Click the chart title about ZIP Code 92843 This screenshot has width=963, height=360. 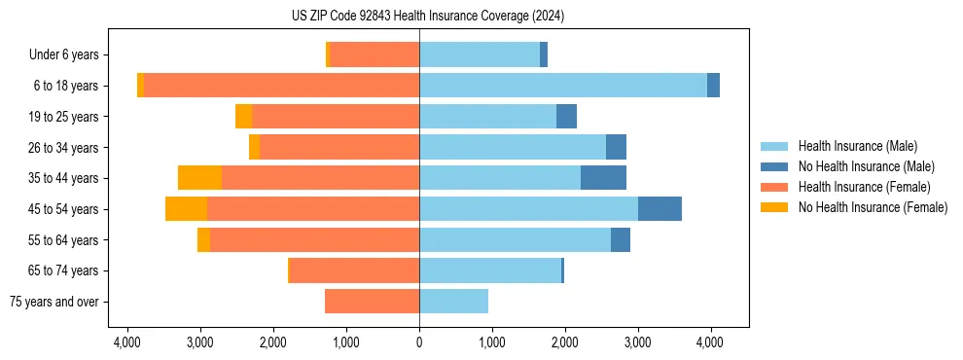click(427, 16)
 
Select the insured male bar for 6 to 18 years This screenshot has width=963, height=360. click(563, 86)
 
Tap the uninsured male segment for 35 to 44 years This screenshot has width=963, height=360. click(603, 178)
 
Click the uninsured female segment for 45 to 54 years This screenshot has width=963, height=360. click(186, 209)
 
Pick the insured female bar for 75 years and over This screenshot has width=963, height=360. click(372, 302)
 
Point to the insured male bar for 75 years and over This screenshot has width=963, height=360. click(453, 302)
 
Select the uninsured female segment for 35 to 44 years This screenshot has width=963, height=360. click(199, 178)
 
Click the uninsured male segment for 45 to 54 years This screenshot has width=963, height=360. click(660, 209)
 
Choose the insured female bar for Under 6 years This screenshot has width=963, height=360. click(374, 54)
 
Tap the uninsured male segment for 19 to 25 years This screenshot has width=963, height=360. click(566, 117)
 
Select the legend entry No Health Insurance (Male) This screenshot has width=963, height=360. click(866, 166)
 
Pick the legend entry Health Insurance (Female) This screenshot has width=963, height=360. click(864, 187)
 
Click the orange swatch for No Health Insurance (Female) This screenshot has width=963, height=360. click(774, 207)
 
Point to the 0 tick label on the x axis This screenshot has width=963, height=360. click(419, 342)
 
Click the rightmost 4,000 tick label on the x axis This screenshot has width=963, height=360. click(709, 342)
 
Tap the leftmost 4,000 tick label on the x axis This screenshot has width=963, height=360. click(127, 342)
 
